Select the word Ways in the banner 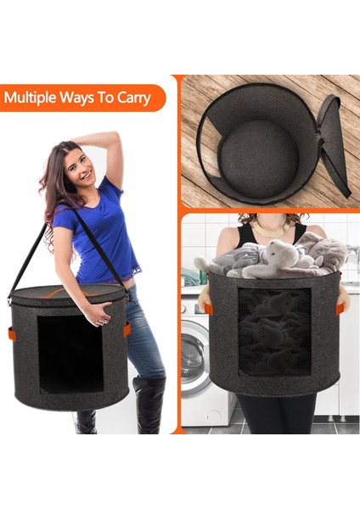[81, 98]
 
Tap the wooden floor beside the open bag [204, 102]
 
